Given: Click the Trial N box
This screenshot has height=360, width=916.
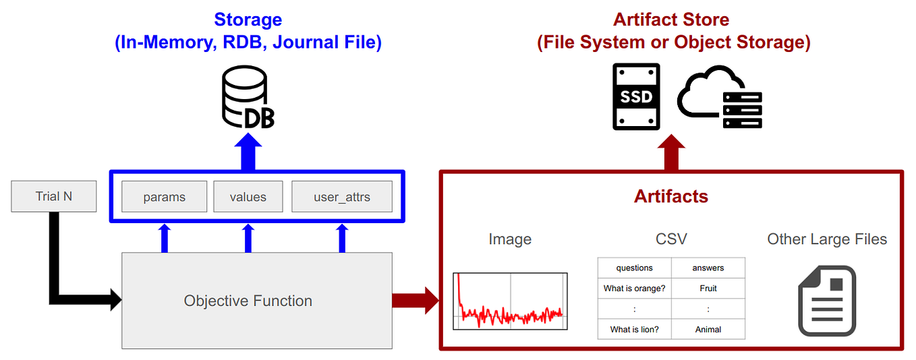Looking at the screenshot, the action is coord(53,196).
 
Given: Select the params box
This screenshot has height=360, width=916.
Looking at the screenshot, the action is coord(165,197).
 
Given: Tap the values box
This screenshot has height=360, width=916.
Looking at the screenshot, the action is coord(248,197).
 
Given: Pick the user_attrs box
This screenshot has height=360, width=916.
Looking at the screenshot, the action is coord(342,197).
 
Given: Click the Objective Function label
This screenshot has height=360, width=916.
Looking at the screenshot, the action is coord(248,301).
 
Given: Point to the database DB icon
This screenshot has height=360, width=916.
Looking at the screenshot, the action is coord(248,97).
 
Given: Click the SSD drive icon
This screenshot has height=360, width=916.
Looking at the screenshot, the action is coord(636,96).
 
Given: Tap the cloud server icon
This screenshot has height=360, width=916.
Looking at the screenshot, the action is coord(720,97).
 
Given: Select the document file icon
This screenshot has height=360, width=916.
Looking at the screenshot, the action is coord(827,301).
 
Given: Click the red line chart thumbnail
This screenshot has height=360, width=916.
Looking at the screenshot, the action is coord(510,301).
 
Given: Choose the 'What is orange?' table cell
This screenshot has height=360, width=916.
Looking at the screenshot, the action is coord(634,288).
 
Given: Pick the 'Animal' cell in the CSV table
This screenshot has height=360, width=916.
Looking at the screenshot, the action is coord(708,329).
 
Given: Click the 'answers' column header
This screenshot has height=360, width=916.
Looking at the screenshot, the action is coord(708,268).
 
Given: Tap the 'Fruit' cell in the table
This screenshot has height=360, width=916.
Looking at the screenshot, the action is coord(708,288).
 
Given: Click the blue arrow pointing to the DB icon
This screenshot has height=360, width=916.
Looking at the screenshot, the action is coord(248,152).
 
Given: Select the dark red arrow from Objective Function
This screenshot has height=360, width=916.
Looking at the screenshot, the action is coord(416,301).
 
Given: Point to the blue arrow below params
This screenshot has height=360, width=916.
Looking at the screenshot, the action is coord(165,238).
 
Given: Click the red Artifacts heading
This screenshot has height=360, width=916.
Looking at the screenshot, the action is coord(670,196).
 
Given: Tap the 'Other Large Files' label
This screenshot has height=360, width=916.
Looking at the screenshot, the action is coord(827,239).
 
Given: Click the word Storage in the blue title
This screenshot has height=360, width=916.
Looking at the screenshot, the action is coord(248,20).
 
